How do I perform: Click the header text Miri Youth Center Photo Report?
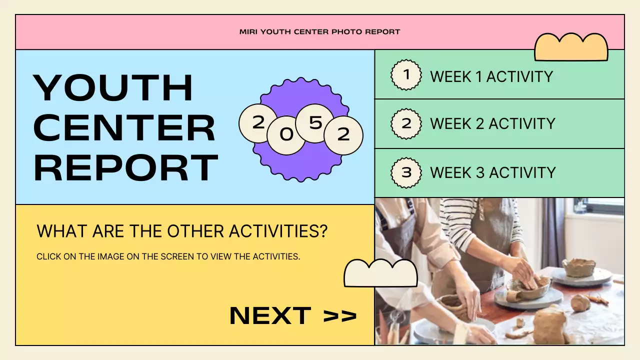pos(320,32)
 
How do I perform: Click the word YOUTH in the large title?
pos(113,88)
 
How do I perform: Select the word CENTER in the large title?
pos(124,127)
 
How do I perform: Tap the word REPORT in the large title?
pos(125,167)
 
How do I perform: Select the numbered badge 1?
pos(406,75)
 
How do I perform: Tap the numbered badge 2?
pos(406,123)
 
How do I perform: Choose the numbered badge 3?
pos(406,172)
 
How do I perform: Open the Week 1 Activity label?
pos(491,76)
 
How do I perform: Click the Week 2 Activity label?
pos(492,123)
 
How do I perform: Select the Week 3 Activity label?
pos(493,172)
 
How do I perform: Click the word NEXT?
pos(270,315)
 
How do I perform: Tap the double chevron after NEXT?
pos(340,316)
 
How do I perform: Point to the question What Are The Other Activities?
pos(182,231)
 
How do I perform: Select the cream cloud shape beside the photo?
pos(380,274)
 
